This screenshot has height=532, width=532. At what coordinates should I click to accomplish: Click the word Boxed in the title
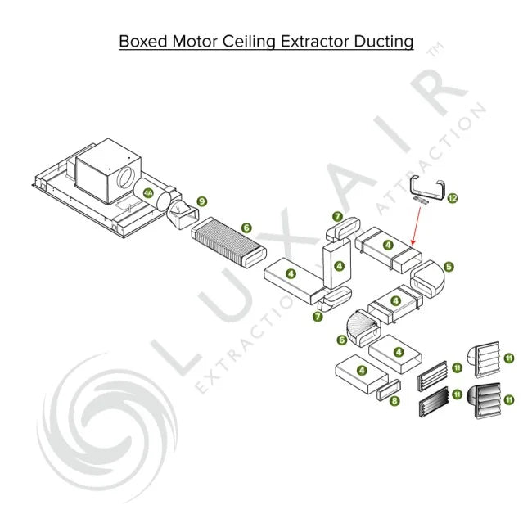(143, 42)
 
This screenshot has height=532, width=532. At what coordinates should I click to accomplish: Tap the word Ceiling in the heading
(249, 42)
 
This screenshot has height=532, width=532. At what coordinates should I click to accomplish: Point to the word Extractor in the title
(315, 42)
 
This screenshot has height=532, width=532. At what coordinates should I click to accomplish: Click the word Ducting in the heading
(384, 42)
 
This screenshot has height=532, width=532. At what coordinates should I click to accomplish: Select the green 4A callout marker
(148, 193)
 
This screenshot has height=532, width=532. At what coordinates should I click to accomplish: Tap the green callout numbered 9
(202, 202)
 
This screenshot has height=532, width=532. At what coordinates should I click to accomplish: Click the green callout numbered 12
(453, 198)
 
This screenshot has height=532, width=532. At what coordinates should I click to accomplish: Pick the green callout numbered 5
(449, 267)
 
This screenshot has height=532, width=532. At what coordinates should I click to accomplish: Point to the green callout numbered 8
(394, 401)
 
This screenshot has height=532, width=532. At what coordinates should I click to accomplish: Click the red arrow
(417, 226)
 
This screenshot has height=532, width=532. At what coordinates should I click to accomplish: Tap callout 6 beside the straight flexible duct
(246, 228)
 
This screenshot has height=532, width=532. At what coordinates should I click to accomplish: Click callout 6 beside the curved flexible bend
(341, 340)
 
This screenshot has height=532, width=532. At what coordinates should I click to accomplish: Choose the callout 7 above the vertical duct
(337, 216)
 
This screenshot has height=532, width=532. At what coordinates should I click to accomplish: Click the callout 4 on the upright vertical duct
(340, 266)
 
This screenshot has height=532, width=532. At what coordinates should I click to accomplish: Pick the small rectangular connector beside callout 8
(389, 390)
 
